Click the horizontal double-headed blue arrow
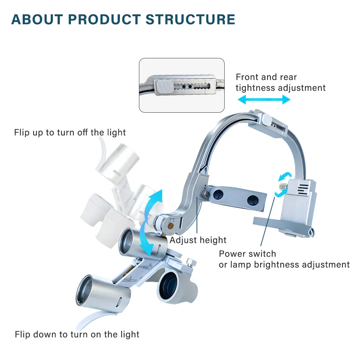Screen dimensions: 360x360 coord(264,100)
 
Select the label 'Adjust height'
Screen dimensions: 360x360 coord(198,240)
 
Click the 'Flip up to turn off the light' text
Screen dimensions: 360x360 coord(70,132)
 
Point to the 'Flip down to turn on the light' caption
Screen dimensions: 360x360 coord(77,334)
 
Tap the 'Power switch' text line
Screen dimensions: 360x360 coord(247,254)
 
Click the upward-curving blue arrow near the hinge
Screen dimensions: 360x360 coord(154,203)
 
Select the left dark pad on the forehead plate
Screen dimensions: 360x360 coord(218,194)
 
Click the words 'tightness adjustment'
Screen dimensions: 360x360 coord(280,88)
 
